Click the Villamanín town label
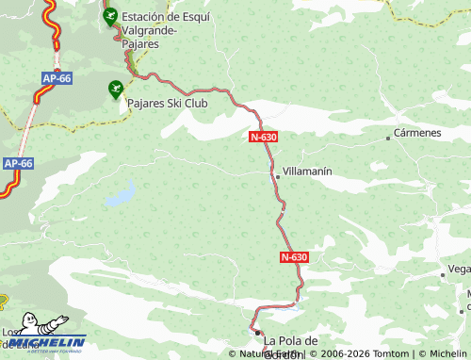point(307,173)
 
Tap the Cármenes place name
point(418,133)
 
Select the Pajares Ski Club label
point(169,100)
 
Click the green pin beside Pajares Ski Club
point(116,89)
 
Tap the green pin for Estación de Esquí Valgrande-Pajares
point(110,16)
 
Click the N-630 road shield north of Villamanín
point(264,137)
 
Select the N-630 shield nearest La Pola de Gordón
point(294,257)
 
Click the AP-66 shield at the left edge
point(18,163)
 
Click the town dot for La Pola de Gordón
point(257,333)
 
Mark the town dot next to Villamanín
point(277,176)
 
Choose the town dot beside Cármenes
point(388,139)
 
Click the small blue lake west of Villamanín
point(120,199)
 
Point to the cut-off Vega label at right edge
point(459,269)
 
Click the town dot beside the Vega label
point(443,274)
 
